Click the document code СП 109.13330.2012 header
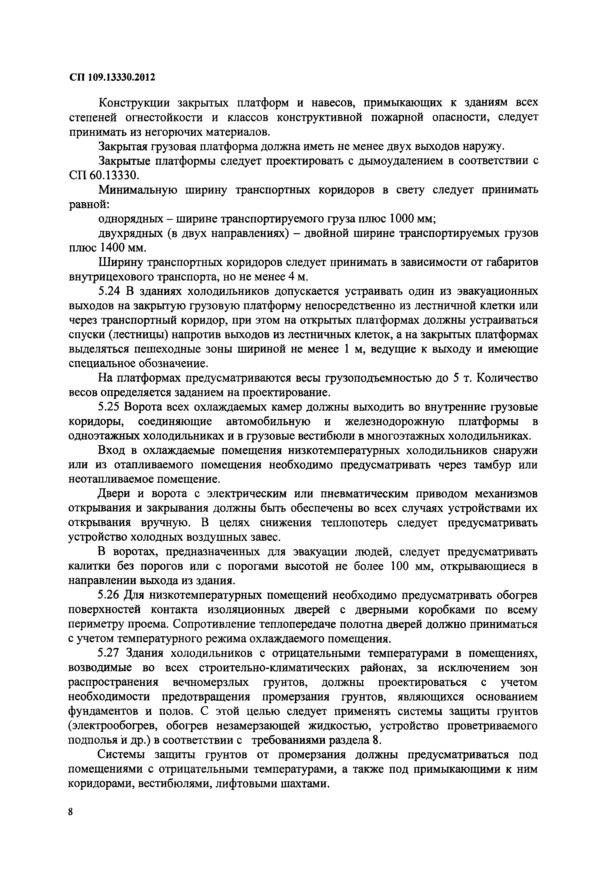point(112,77)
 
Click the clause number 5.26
point(109,595)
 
